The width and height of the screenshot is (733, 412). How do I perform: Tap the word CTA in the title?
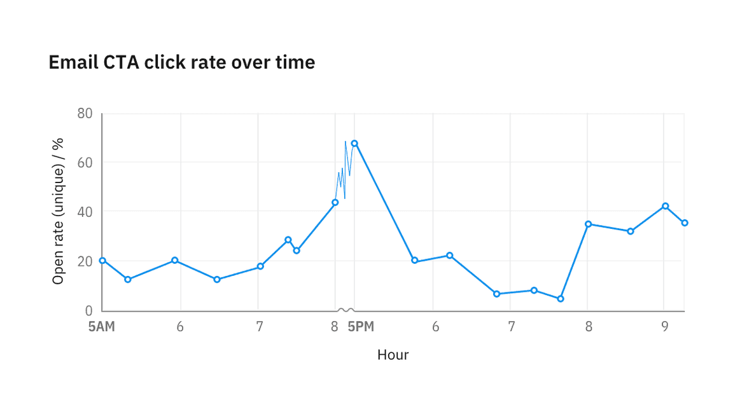122,62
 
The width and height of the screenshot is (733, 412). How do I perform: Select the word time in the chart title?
294,62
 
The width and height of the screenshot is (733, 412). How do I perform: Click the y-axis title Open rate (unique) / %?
59,211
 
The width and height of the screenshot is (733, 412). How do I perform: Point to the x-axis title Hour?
393,355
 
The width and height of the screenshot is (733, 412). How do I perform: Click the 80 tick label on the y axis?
85,114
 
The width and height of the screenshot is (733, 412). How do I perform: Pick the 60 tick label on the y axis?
85,162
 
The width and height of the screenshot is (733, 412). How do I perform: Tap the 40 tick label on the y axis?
85,211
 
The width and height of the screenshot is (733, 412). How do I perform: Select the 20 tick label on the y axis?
85,261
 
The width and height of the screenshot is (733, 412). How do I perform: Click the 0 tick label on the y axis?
88,310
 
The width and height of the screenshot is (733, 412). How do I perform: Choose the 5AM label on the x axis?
102,327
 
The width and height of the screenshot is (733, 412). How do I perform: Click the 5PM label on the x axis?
361,327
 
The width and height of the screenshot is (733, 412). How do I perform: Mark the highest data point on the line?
354,144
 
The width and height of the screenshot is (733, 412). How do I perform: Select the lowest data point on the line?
561,299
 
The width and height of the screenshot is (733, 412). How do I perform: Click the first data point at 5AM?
102,261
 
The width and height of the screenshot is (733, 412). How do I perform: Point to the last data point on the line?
685,223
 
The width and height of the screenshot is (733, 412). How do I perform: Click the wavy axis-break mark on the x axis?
346,310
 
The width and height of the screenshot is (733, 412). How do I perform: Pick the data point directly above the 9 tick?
665,206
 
